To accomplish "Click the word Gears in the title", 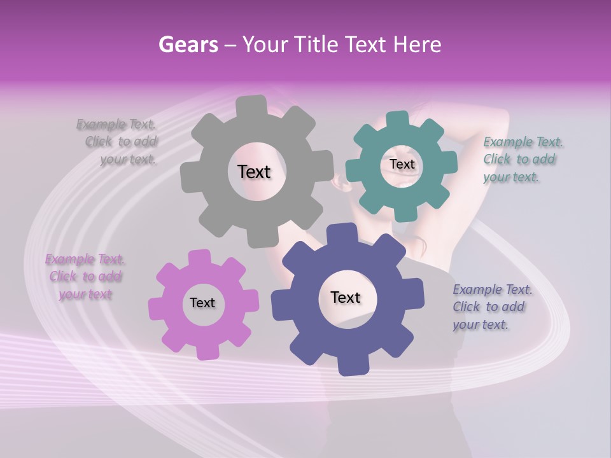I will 188,45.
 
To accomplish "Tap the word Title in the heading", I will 318,45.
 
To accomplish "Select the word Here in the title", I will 418,45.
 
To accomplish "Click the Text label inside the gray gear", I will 255,172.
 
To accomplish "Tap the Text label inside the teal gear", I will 402,164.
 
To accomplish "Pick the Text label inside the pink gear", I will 202,303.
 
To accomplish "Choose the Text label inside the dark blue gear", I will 346,298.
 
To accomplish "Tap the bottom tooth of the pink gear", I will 205,351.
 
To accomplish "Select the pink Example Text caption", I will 85,277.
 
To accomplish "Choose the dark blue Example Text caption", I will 491,307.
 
